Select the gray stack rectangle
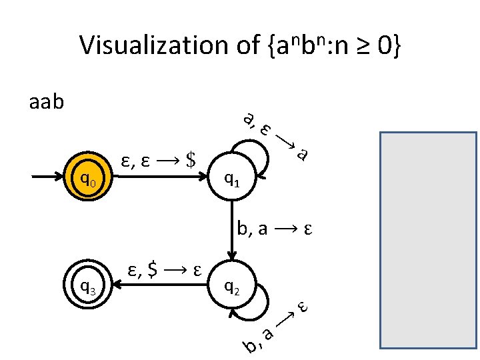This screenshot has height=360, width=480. point(428,240)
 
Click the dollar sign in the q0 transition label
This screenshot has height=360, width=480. point(191,159)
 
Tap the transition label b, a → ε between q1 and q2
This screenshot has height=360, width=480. point(275,230)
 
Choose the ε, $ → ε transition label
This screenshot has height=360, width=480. point(165,270)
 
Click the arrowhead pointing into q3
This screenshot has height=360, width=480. point(115,287)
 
